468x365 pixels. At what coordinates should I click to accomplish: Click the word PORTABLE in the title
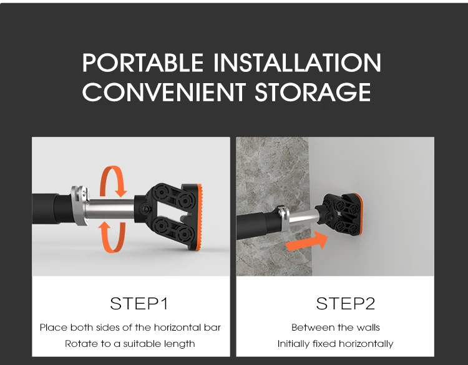coord(143,62)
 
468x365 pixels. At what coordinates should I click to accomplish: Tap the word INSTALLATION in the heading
coord(297,62)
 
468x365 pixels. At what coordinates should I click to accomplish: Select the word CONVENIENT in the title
coord(164,92)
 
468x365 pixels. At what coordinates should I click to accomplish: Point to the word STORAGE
coord(313,92)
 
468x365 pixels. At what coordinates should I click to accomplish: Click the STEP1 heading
coord(139,303)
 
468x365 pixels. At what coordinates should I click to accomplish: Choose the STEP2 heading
coord(345,303)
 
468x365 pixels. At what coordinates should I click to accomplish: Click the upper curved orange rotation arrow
coord(113,181)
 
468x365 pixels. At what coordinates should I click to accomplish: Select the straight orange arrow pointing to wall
coord(306,241)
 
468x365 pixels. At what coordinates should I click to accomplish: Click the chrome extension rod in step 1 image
coord(110,209)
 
